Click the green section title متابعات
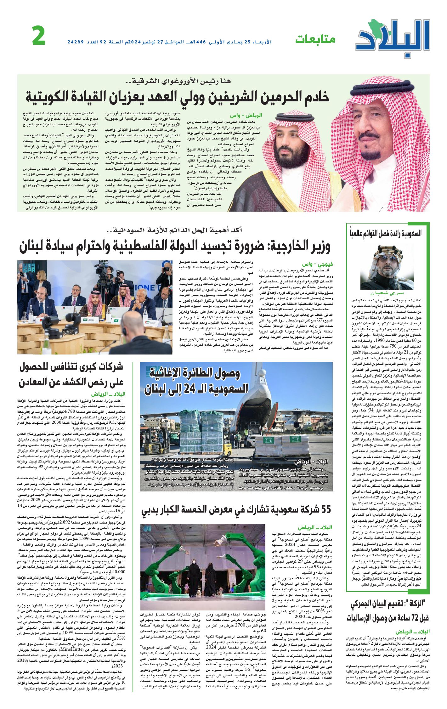(315, 39)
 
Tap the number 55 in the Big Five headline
(325, 509)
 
